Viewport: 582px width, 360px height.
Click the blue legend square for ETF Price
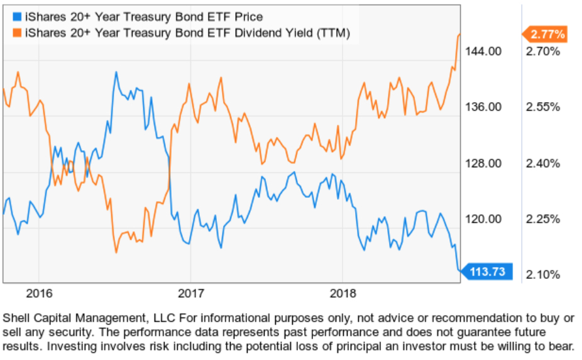(x=17, y=16)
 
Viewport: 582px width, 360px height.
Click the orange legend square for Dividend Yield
(x=17, y=31)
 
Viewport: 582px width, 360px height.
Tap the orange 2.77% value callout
(x=546, y=34)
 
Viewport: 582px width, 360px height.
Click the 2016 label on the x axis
(x=38, y=293)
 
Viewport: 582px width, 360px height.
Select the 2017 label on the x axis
(x=190, y=293)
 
